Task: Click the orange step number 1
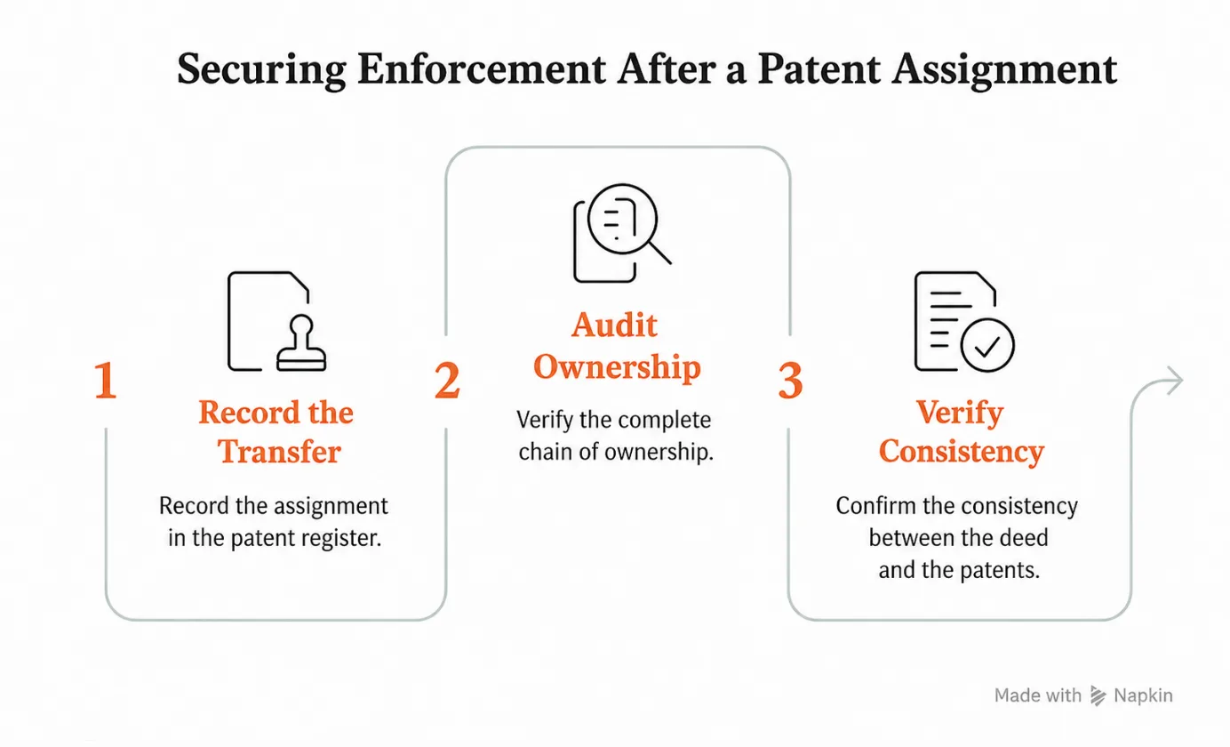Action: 106,380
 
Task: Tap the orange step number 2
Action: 447,380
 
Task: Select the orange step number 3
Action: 791,380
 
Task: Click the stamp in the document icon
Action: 301,343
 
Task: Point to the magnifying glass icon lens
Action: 623,219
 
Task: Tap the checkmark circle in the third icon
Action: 987,345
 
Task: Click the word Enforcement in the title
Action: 482,69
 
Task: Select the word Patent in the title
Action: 819,69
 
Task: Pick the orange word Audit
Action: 614,325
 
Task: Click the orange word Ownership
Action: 617,367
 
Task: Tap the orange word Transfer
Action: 279,452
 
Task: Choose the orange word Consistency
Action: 962,453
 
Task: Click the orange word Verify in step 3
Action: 960,413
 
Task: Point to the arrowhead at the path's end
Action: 1174,380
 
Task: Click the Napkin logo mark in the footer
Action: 1098,695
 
